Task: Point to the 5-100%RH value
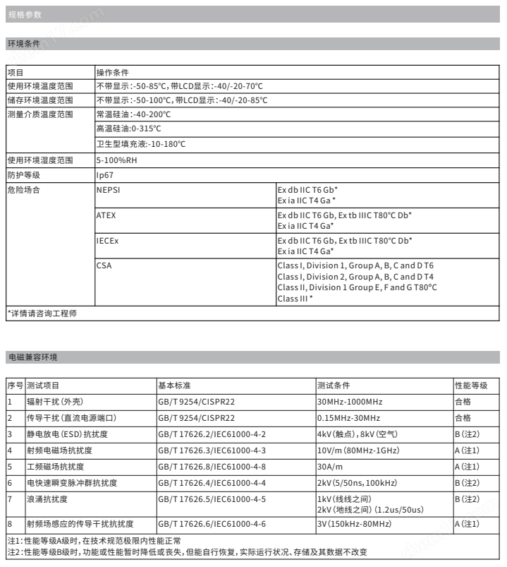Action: pos(116,160)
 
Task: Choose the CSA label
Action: pos(104,265)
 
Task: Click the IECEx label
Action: pos(108,241)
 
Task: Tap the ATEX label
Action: pos(106,215)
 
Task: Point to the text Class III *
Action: pos(295,299)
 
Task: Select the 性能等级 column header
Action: pos(472,386)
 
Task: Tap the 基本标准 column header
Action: pos(174,386)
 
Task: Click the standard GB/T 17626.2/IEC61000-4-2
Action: pos(212,434)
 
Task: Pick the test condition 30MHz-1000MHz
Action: pos(350,402)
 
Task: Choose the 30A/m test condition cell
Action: pos(331,466)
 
